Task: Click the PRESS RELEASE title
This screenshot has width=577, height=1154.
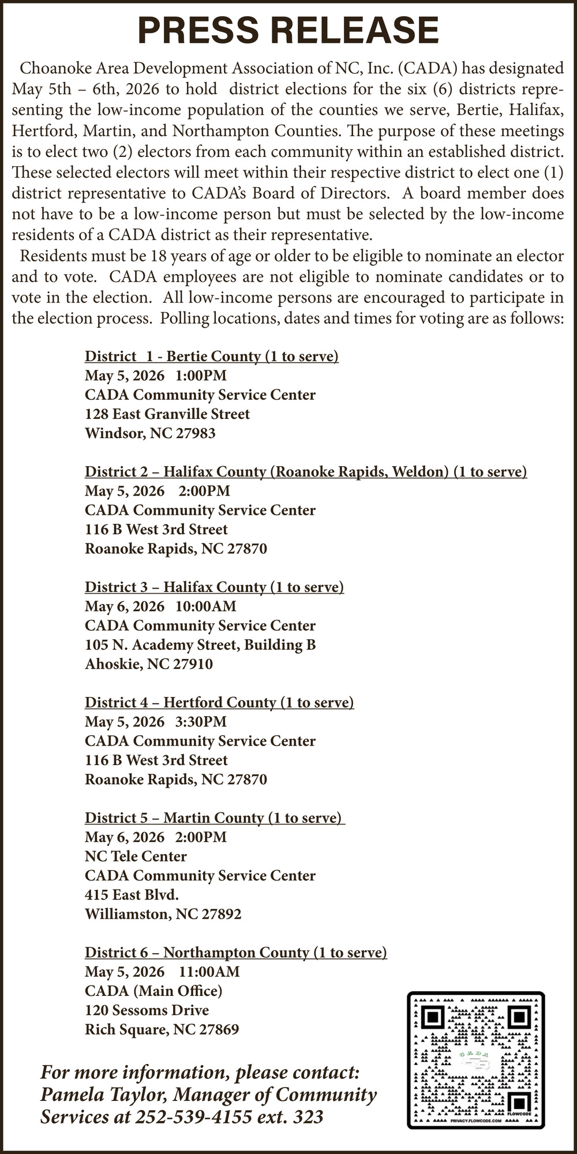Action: point(288,30)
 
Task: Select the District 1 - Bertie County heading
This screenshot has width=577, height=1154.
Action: point(212,356)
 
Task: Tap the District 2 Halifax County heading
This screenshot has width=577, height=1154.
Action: point(306,471)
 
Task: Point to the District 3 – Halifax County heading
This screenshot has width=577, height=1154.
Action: point(214,587)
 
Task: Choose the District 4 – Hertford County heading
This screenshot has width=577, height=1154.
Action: point(219,702)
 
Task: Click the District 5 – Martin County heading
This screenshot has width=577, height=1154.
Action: point(214,818)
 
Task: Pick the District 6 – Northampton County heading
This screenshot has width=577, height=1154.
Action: point(235,952)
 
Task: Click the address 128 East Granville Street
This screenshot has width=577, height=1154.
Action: point(167,414)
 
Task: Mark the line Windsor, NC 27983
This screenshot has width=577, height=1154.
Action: point(150,433)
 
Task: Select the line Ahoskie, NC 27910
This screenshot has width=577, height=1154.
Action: point(149,664)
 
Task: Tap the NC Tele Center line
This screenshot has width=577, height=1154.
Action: point(136,856)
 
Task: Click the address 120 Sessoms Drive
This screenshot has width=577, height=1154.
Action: point(147,1010)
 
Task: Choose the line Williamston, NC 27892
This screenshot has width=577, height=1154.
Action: point(163,914)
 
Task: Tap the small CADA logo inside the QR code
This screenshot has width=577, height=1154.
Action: point(476,1055)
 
